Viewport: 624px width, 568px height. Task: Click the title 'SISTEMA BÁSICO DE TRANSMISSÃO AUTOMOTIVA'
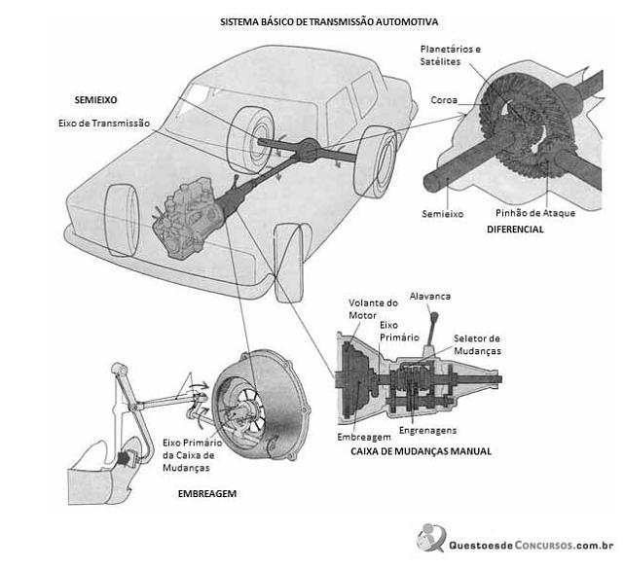(329, 21)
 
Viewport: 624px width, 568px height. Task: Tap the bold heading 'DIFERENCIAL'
(515, 230)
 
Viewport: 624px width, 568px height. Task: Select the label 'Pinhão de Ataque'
(535, 213)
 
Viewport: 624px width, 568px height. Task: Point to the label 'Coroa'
(444, 100)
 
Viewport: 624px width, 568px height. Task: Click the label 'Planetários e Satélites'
(451, 55)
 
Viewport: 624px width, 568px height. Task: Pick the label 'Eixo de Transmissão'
(104, 124)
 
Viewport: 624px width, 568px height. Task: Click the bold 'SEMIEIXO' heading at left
(96, 100)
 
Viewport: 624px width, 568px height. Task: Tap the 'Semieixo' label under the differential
(443, 214)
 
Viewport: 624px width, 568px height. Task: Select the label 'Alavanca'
(430, 296)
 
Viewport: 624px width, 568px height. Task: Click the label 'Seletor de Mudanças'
(477, 344)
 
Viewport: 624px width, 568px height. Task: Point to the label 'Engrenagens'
(427, 431)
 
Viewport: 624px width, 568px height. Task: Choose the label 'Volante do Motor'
(373, 309)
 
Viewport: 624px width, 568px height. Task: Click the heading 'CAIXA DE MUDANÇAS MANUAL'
(422, 451)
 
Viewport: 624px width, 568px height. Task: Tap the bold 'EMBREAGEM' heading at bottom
(207, 494)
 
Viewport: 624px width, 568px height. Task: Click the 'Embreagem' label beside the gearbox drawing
(364, 438)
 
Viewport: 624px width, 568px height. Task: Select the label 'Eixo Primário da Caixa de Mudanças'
(192, 455)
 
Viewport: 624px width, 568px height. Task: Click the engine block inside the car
(187, 219)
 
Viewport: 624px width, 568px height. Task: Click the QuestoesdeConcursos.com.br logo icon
(430, 538)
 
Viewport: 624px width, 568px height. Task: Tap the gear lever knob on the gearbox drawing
(434, 317)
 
